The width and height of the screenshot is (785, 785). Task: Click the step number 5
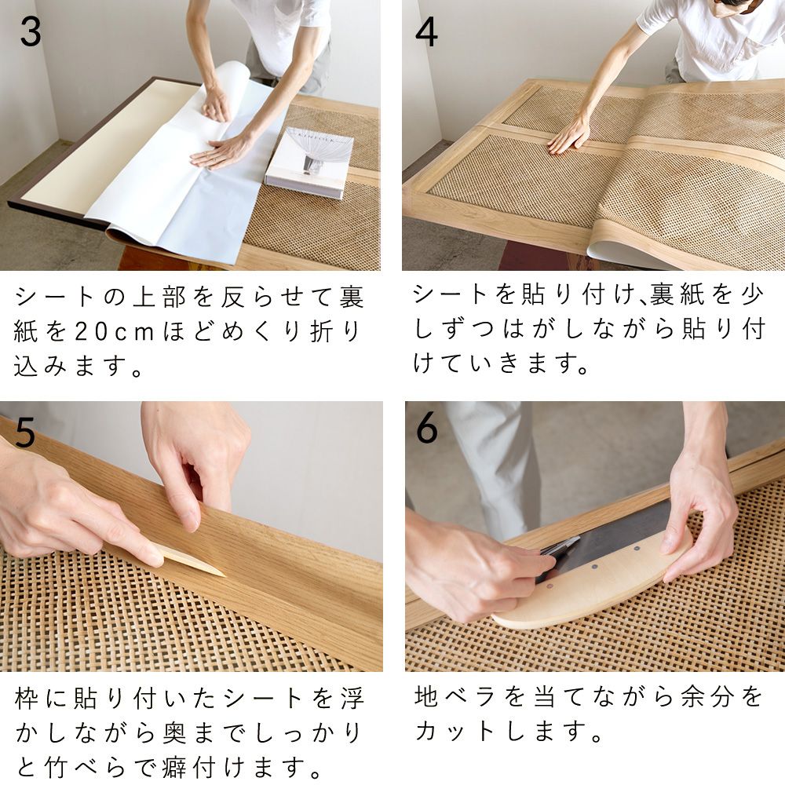click(25, 433)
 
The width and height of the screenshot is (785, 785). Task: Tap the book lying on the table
click(309, 162)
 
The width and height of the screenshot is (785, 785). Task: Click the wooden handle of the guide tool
click(597, 585)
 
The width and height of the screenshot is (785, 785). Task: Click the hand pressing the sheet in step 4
click(569, 135)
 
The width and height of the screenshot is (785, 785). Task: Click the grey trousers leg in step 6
click(495, 463)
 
